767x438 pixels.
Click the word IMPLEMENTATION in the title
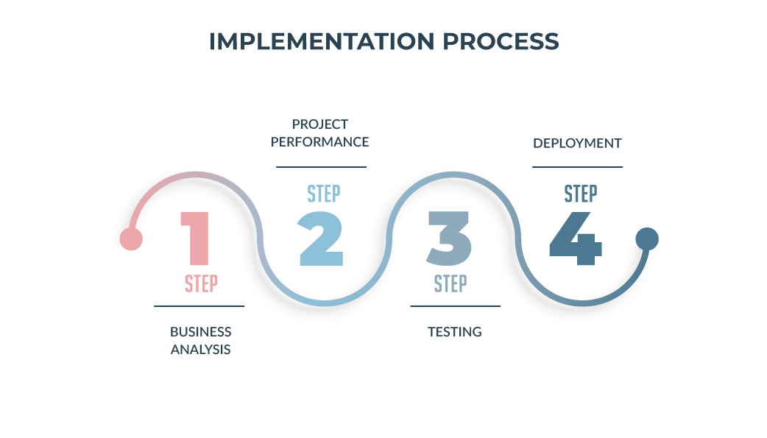tap(322, 41)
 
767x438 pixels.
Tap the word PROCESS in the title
tap(501, 41)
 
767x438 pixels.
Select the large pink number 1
tap(195, 239)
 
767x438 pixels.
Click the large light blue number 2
tap(321, 239)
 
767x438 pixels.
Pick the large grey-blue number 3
tap(449, 239)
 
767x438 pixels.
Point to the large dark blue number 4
tap(576, 239)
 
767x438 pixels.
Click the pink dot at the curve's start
tap(131, 239)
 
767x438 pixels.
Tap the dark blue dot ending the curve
tap(647, 239)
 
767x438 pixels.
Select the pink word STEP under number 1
tap(201, 284)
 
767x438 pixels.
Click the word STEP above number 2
tap(324, 194)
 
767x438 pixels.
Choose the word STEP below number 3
tap(450, 284)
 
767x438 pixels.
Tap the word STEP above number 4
tap(581, 194)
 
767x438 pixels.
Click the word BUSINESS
tap(200, 332)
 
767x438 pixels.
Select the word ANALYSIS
tap(200, 350)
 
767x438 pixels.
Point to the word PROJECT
tap(320, 124)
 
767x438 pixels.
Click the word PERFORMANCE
tap(320, 142)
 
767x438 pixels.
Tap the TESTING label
tap(455, 332)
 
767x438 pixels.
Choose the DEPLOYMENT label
tap(577, 143)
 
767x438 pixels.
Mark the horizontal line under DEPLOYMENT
tap(577, 167)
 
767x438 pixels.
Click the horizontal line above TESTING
tap(456, 306)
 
